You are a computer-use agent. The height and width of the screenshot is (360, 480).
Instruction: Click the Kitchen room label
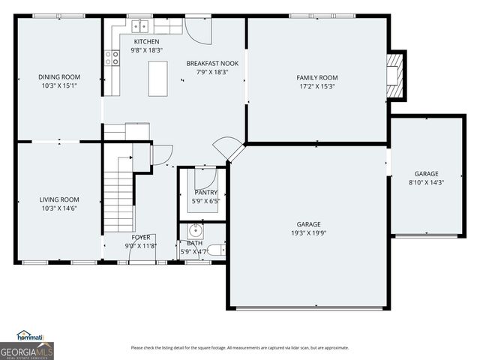146,41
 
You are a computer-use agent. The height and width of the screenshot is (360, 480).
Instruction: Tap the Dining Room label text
59,76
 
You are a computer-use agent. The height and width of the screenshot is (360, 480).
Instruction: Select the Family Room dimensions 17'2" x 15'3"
317,85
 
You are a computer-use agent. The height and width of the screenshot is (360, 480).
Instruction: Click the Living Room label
59,199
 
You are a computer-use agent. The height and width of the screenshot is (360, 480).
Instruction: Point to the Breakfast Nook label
212,64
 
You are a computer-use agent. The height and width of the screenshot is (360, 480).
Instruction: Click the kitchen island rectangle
157,78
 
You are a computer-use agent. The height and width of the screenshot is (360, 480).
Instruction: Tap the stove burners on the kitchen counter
112,58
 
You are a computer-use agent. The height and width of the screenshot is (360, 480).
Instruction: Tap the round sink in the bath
195,229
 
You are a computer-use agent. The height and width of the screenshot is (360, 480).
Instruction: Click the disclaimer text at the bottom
239,347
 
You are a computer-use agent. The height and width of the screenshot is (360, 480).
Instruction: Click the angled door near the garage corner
227,148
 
